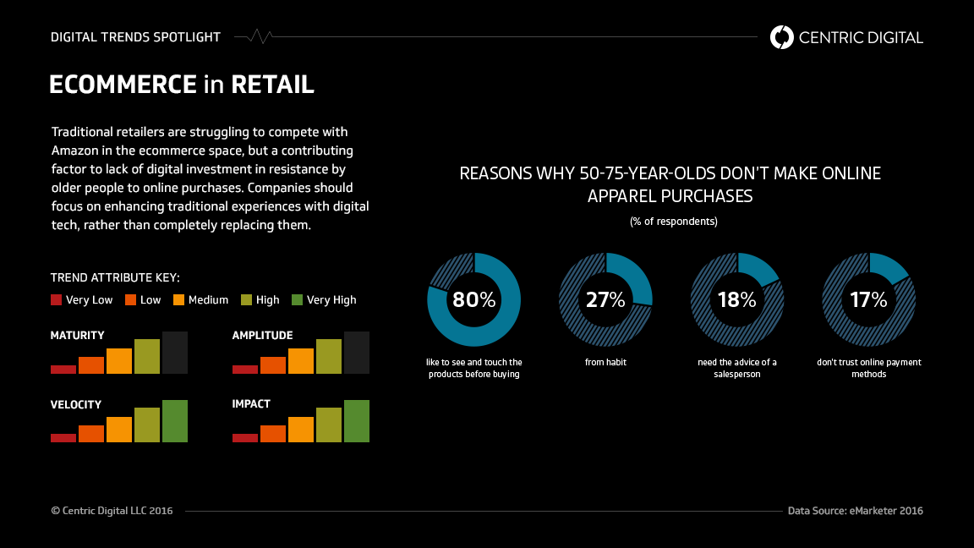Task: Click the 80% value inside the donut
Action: pos(473,299)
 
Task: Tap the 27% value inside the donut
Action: pos(605,299)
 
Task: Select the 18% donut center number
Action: pos(736,299)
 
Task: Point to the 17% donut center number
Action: pos(868,299)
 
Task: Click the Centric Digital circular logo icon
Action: pos(782,37)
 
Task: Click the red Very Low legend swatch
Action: pos(57,299)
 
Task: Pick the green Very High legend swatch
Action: pos(297,299)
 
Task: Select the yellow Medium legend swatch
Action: pos(179,299)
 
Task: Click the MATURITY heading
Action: pos(78,336)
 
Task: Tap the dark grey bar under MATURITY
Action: pos(175,353)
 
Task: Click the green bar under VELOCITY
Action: pos(175,421)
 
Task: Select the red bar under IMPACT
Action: pos(245,437)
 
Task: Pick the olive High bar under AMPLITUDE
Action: pos(329,356)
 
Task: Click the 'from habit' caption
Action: pos(605,362)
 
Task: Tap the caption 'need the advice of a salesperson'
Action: pos(737,368)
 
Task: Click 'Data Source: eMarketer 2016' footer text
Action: pos(855,511)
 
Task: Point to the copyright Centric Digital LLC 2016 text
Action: pos(112,511)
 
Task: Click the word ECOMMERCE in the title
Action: pos(123,85)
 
